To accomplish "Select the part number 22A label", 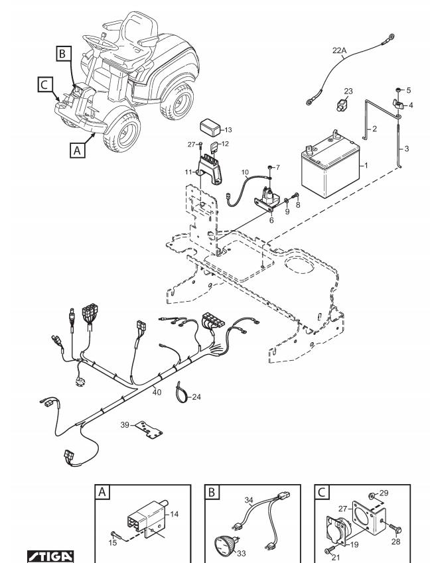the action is pyautogui.click(x=339, y=50).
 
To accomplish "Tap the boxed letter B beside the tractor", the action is pyautogui.click(x=64, y=54).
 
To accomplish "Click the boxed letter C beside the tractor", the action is pyautogui.click(x=45, y=85).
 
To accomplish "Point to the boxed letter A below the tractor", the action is pyautogui.click(x=77, y=150).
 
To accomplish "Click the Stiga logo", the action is pyautogui.click(x=50, y=556).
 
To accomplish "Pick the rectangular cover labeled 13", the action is pyautogui.click(x=211, y=127).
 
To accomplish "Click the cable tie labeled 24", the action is pyautogui.click(x=181, y=393).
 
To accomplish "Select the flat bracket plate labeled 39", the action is pyautogui.click(x=149, y=430).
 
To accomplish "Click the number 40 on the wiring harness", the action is pyautogui.click(x=157, y=392).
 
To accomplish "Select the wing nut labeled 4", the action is pyautogui.click(x=397, y=104).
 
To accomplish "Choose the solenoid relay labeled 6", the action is pyautogui.click(x=267, y=200).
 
